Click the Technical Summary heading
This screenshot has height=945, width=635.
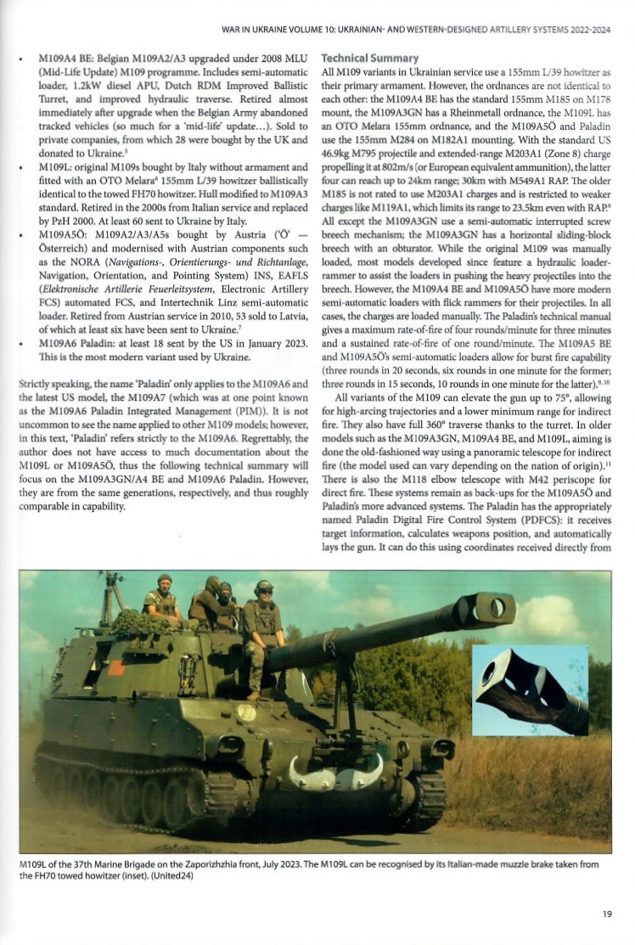pyautogui.click(x=369, y=59)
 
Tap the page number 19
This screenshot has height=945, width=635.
pyautogui.click(x=606, y=914)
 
